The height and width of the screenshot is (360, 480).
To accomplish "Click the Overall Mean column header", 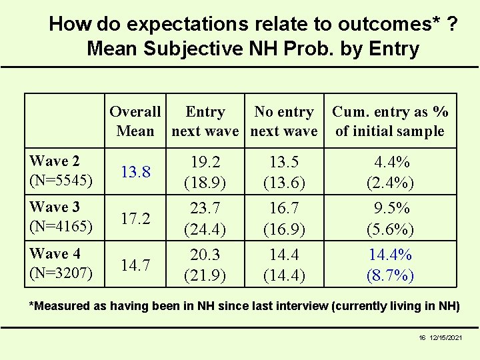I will (x=135, y=121).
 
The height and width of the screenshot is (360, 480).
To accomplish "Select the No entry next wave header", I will (x=284, y=121).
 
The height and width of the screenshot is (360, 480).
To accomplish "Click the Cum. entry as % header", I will (x=390, y=121).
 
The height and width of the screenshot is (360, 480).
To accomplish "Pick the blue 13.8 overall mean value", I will (x=135, y=172).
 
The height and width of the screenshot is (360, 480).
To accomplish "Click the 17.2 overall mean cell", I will (x=135, y=218).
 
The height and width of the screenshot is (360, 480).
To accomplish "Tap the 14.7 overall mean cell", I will (x=135, y=265).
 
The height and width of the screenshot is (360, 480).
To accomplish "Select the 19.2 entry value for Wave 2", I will (x=205, y=162).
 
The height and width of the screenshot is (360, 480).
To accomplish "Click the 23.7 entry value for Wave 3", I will (x=205, y=208).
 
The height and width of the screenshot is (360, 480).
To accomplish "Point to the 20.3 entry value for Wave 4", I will (x=205, y=255).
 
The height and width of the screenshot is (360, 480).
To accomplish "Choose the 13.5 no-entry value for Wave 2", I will (x=284, y=162).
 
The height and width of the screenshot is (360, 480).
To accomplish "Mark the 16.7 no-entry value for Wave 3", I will (x=284, y=208).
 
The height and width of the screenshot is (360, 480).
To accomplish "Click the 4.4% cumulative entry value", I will (x=391, y=162).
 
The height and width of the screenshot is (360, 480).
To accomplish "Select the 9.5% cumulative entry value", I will (x=391, y=208).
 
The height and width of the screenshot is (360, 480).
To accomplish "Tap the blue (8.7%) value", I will (x=391, y=275).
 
